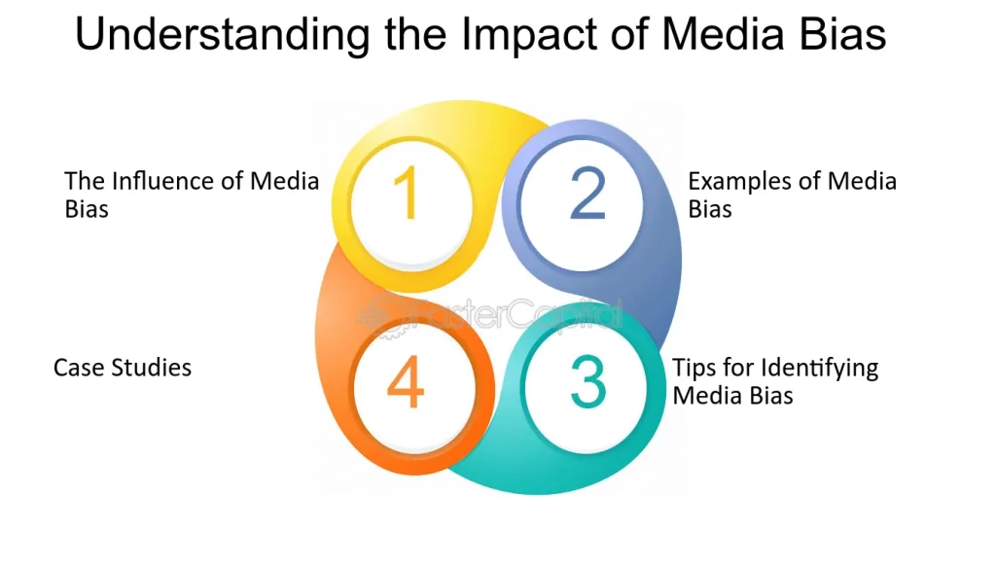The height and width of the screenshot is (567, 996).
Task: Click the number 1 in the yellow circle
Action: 408,194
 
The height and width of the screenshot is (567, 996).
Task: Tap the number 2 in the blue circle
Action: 587,194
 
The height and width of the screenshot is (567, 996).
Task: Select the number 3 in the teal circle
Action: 587,382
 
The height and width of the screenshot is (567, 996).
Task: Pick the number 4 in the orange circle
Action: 406,384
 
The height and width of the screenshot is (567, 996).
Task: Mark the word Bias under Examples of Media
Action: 710,209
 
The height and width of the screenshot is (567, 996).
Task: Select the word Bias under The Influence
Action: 87,209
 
